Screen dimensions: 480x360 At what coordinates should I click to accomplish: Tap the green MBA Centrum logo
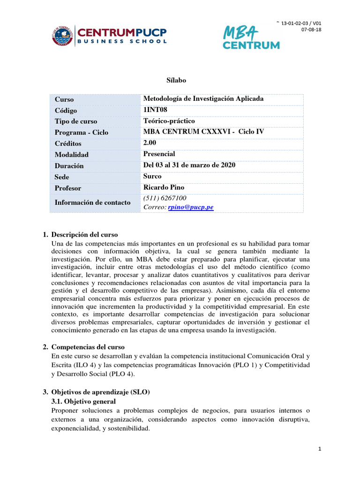pos(251,37)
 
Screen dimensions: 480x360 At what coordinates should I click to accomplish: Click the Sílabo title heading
pos(177,80)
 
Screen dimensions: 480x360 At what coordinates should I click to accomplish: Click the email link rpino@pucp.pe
pos(191,207)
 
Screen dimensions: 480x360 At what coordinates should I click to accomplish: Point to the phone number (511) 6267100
pos(165,198)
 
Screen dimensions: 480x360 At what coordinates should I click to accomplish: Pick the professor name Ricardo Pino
pos(164,187)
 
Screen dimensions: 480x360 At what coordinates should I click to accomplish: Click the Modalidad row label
pos(72,154)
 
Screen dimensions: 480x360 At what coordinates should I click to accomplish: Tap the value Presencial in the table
pos(159,154)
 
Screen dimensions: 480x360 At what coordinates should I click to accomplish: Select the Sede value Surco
pos(152,176)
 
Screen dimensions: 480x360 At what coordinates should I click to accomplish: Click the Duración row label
pos(69,165)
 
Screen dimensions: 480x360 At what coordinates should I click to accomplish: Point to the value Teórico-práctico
pos(169,121)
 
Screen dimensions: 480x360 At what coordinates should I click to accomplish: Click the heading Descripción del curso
pos(85,234)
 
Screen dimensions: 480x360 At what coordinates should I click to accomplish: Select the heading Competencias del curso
pos(88,347)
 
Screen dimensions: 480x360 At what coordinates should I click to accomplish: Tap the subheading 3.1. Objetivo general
pos(82,401)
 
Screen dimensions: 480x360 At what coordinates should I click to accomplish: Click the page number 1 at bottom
pos(319,449)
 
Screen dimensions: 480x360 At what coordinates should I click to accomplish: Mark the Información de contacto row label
pos(92,202)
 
